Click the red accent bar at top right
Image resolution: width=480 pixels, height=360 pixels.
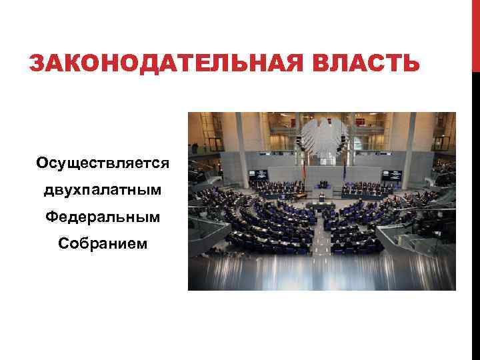[x=475, y=33]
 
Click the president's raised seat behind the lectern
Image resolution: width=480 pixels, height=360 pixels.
[x=323, y=184]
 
